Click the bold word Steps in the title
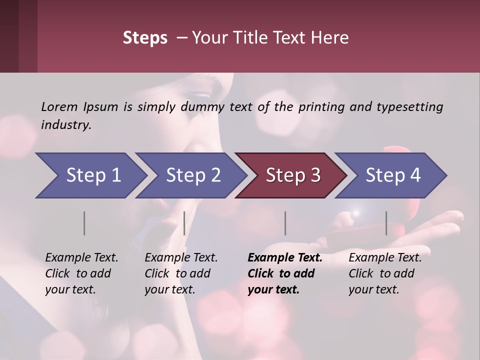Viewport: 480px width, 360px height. tap(145, 38)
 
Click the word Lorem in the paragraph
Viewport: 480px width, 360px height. tap(59, 106)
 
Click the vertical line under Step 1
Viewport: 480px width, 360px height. tap(84, 223)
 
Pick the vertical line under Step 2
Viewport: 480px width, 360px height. tap(184, 223)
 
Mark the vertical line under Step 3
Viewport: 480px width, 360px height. tap(285, 223)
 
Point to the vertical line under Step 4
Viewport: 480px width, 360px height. tap(386, 223)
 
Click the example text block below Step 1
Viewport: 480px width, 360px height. tap(81, 273)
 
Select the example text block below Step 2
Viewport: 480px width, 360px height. tap(181, 273)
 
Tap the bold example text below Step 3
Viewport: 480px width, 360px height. tap(285, 273)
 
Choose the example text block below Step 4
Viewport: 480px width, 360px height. tap(385, 273)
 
